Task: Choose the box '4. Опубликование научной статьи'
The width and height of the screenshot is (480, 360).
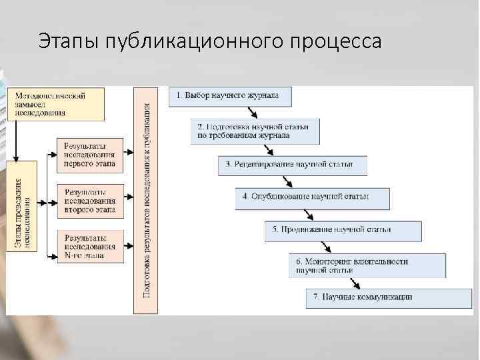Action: tap(311, 197)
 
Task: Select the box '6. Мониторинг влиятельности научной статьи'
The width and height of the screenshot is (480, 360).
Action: tap(368, 265)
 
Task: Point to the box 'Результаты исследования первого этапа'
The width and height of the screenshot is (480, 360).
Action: tap(90, 154)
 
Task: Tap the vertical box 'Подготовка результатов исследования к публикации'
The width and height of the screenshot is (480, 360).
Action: tap(146, 200)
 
